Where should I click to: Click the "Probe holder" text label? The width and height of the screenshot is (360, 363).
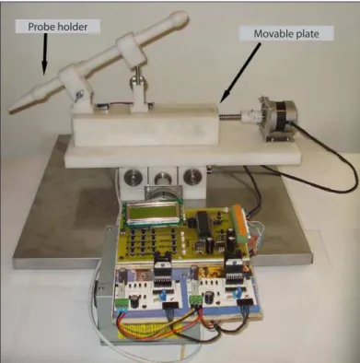58,27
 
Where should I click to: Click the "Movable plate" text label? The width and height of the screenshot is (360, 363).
286,33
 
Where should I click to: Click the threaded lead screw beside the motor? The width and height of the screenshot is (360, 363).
229,117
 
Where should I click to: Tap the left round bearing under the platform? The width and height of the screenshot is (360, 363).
133,177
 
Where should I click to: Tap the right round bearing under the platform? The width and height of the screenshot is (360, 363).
192,177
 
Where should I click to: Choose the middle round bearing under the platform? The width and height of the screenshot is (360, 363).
162,178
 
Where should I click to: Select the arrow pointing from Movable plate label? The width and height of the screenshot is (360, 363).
241,72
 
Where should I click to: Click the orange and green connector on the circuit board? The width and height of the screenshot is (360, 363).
240,223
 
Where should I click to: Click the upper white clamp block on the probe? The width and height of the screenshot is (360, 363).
130,50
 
